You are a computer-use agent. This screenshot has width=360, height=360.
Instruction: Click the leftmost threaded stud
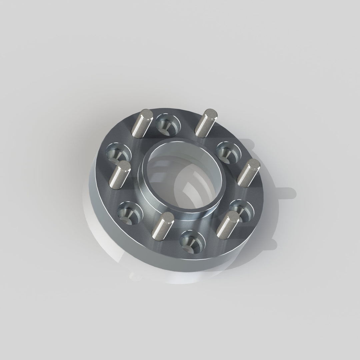click(120, 175)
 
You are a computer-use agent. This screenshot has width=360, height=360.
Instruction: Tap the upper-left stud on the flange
click(142, 123)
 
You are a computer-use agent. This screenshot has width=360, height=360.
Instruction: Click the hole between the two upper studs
click(168, 123)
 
